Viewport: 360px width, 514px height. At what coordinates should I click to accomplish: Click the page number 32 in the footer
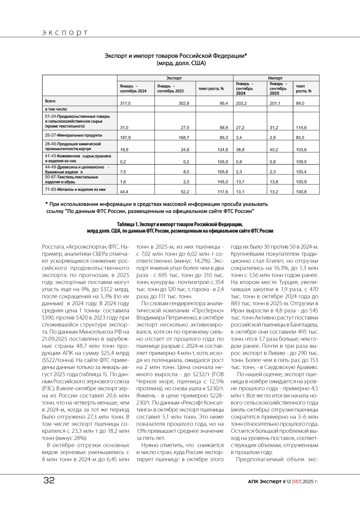49,480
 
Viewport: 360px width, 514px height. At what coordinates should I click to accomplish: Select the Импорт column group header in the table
275,78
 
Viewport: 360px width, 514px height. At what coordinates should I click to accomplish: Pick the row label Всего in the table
51,101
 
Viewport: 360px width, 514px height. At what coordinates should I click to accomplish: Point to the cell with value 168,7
183,137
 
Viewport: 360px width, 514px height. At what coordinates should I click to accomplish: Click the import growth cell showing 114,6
301,128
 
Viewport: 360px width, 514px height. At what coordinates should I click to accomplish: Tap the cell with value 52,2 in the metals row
183,192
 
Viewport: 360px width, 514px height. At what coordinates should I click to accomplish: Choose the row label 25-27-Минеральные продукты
73,135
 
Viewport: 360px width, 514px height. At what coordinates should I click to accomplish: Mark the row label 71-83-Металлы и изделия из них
75,189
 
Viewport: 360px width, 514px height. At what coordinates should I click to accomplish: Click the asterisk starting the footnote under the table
46,204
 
